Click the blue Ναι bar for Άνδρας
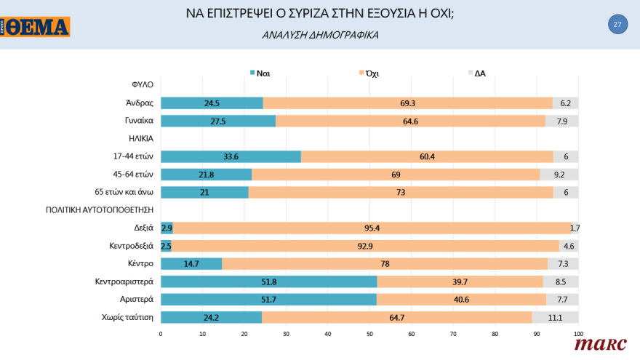(212, 103)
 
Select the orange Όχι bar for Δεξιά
(371, 228)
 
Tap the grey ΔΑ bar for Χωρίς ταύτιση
(555, 317)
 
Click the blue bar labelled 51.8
(268, 281)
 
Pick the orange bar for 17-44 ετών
(427, 156)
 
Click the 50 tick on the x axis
(369, 334)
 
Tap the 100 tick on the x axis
(578, 334)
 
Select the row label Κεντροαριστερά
(124, 281)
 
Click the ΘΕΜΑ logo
(36, 28)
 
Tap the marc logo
(600, 344)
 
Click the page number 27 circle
(617, 25)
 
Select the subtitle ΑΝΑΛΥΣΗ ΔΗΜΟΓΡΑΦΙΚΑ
(319, 34)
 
